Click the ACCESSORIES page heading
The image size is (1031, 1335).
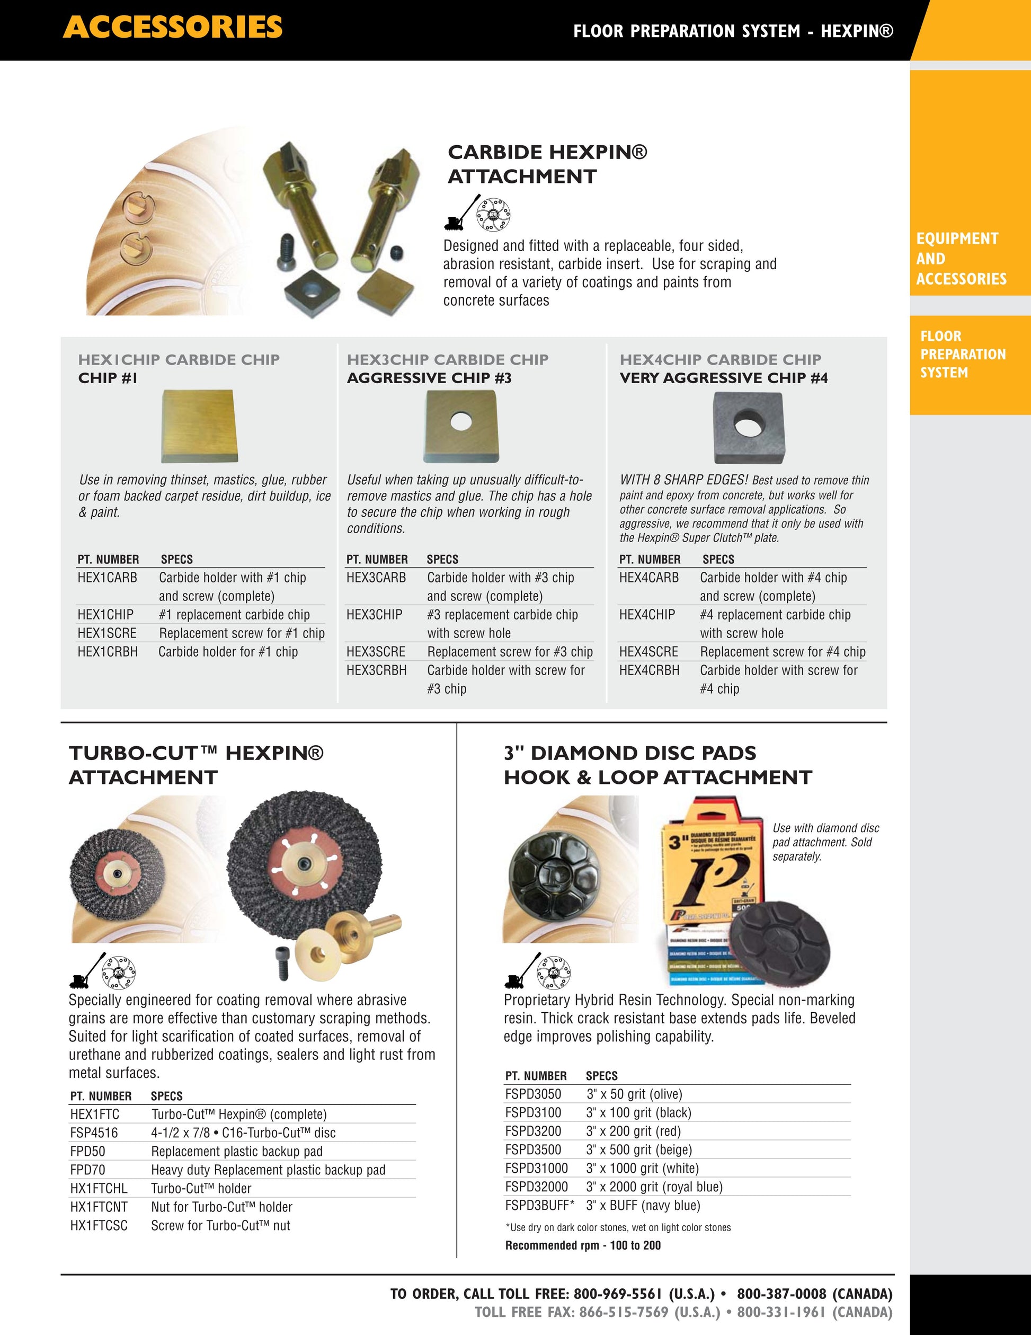[x=172, y=28]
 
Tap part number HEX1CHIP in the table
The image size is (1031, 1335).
[x=105, y=614]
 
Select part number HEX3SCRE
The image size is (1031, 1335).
[x=375, y=652]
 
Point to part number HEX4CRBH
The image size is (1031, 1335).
[x=649, y=670]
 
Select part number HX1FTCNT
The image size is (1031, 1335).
[x=99, y=1207]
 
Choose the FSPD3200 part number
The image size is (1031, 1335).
[x=533, y=1131]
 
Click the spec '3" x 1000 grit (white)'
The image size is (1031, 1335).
[x=642, y=1168]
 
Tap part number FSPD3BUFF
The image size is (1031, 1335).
[x=538, y=1205]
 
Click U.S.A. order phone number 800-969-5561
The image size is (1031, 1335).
[x=618, y=1294]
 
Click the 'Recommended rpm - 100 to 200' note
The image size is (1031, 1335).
[x=582, y=1245]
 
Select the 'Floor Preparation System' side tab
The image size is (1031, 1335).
[x=962, y=354]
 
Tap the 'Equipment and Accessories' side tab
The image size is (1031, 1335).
[x=961, y=259]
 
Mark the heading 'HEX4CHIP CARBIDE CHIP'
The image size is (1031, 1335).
[x=720, y=359]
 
